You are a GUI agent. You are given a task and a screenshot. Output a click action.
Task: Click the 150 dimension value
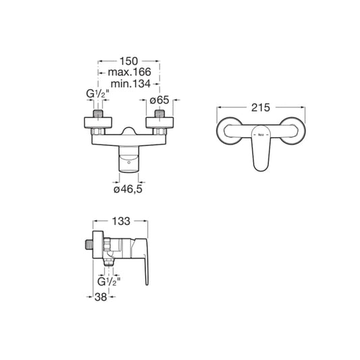click(x=128, y=59)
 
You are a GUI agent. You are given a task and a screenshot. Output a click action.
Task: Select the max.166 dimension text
click(x=128, y=72)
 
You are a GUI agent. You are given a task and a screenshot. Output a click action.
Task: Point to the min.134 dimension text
click(x=128, y=84)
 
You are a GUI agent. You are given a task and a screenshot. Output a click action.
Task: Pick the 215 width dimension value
click(x=260, y=107)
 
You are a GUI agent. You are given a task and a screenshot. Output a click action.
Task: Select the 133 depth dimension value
click(x=120, y=221)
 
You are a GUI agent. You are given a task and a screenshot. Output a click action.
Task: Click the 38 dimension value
click(x=101, y=295)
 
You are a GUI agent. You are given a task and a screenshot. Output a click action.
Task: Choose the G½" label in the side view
click(x=108, y=282)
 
